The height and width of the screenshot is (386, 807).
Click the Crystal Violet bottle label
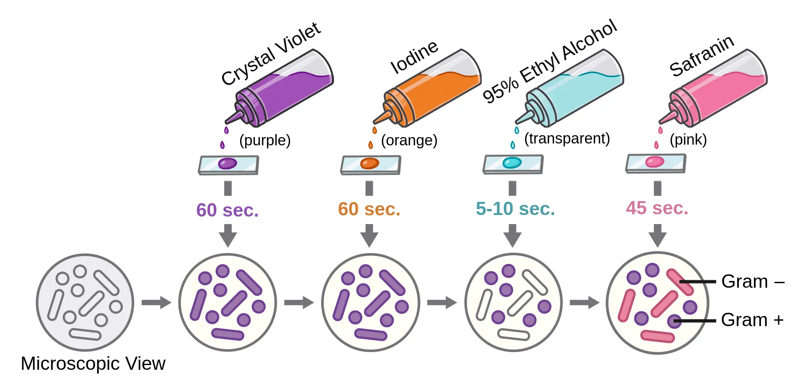click(271, 54)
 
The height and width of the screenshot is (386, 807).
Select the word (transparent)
click(567, 139)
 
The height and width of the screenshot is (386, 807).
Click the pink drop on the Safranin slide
click(654, 162)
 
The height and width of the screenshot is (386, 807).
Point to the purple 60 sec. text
click(227, 210)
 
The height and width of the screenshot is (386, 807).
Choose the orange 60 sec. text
click(369, 209)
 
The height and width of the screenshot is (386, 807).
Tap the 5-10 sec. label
click(515, 209)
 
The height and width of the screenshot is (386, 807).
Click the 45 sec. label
click(657, 208)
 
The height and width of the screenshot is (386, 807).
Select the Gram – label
click(752, 282)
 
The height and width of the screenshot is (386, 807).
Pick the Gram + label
click(752, 320)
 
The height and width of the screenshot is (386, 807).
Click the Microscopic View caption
click(93, 364)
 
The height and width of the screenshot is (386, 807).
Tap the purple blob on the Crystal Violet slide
click(228, 163)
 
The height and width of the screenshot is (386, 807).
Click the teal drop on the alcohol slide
click(512, 163)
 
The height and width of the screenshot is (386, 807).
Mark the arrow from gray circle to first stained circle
click(156, 302)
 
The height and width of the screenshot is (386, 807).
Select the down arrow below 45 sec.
click(657, 235)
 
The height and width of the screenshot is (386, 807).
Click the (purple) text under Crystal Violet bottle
click(265, 140)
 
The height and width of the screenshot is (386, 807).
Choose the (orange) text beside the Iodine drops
click(409, 140)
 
